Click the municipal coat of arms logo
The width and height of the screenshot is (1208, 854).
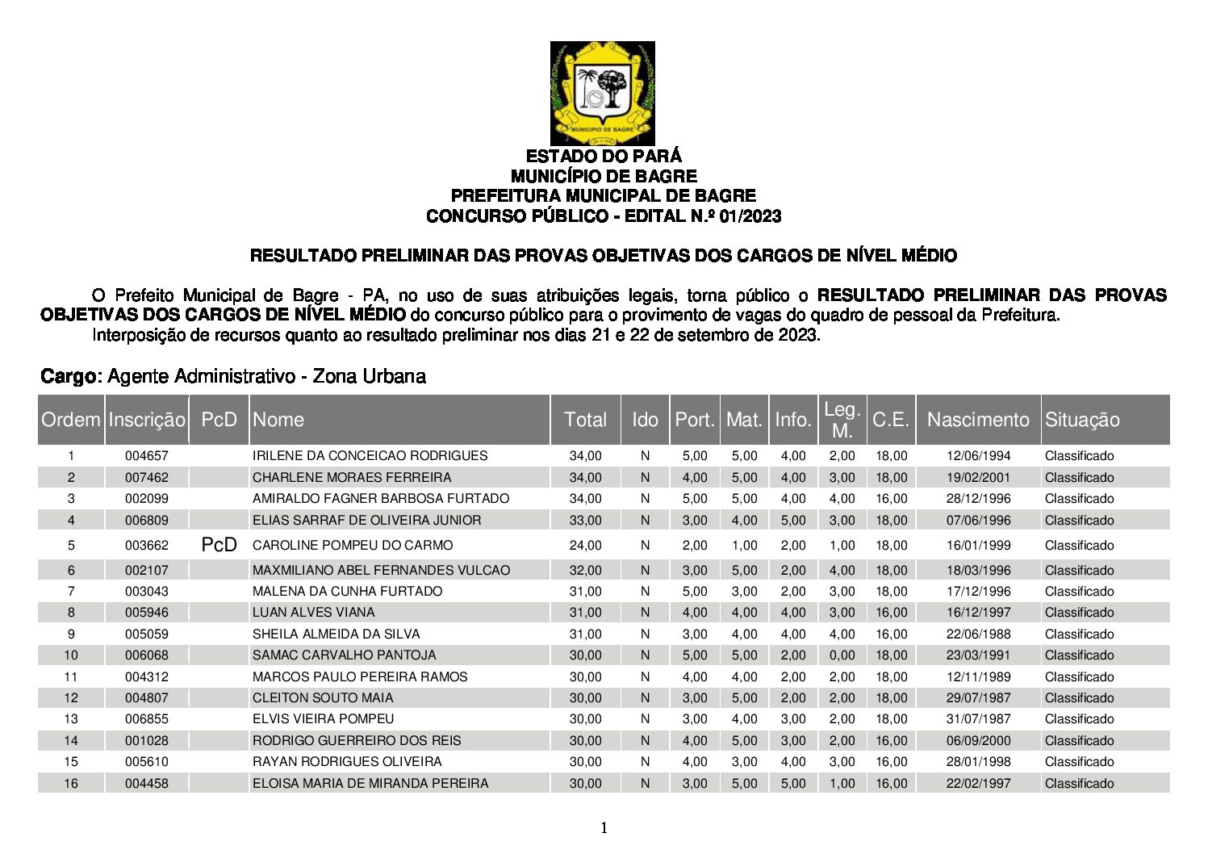click(602, 93)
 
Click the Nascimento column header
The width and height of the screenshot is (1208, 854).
click(978, 420)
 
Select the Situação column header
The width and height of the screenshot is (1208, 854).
click(1082, 420)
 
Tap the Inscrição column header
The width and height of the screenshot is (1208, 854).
click(147, 420)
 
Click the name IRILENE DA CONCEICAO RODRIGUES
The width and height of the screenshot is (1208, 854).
click(370, 456)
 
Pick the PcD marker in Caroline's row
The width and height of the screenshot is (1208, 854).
click(219, 546)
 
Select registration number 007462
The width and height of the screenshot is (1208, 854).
click(147, 478)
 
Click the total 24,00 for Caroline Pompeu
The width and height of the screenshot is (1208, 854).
click(585, 546)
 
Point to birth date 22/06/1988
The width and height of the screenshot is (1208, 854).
click(978, 634)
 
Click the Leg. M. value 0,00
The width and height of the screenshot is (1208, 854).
click(842, 655)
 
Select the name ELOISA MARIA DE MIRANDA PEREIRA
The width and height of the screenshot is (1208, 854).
click(370, 784)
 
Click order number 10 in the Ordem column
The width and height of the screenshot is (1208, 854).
click(71, 655)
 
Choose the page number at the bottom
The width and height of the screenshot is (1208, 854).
click(604, 827)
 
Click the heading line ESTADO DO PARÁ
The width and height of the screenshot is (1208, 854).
click(604, 156)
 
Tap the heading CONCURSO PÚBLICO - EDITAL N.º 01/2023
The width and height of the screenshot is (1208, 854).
click(604, 216)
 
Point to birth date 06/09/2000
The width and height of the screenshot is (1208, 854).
click(978, 741)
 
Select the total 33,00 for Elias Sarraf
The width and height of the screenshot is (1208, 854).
click(585, 521)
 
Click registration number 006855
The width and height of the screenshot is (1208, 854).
click(147, 719)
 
